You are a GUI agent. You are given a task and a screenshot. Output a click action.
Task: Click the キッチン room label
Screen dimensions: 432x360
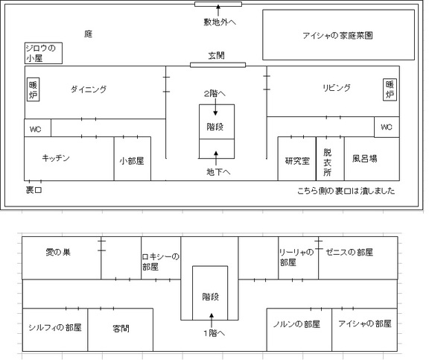pos(56,158)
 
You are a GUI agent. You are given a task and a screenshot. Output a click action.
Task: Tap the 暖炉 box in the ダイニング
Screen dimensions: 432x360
pos(33,89)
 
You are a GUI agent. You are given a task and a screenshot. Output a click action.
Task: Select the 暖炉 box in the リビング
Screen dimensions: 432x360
pos(390,89)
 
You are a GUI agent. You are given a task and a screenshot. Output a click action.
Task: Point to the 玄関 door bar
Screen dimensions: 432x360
pos(217,65)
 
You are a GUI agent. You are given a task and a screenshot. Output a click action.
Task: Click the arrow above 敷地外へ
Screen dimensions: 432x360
pos(218,10)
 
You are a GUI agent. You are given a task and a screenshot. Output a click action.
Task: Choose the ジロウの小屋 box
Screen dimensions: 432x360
pos(43,53)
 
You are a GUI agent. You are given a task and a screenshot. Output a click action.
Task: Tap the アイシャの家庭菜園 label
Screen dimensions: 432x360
pos(337,36)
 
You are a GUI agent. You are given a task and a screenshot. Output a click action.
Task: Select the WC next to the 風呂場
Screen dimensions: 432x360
pos(387,127)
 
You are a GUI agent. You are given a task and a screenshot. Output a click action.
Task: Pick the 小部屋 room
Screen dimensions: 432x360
pos(133,159)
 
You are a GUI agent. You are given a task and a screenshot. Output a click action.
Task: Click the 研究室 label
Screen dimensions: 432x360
pos(297,161)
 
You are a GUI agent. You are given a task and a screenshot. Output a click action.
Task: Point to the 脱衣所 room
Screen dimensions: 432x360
pos(330,159)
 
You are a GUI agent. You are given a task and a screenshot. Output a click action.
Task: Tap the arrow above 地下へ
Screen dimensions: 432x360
pos(216,158)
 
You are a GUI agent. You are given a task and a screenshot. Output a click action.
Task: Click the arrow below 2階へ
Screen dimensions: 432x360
pos(215,107)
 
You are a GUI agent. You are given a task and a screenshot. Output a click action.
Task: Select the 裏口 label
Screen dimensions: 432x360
pos(34,190)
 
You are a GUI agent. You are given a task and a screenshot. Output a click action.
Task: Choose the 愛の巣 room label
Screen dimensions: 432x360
pos(58,252)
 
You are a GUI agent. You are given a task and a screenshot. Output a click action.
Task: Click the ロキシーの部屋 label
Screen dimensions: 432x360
pos(161,262)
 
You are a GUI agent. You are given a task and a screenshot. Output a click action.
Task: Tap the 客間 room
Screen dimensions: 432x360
pos(121,329)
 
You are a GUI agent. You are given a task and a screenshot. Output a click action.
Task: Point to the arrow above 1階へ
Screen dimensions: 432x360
pos(212,320)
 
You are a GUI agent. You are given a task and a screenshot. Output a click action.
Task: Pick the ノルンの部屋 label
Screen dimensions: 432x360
pos(296,324)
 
